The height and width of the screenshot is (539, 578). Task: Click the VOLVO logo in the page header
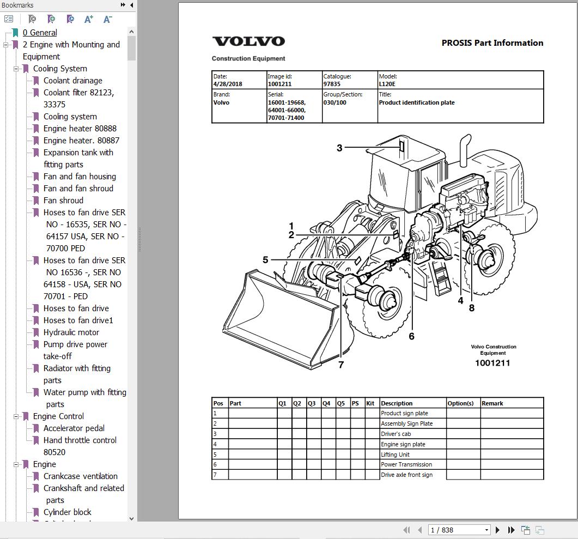click(x=248, y=41)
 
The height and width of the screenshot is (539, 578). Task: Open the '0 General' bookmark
click(x=40, y=33)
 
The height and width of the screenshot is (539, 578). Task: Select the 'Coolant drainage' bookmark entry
click(x=72, y=81)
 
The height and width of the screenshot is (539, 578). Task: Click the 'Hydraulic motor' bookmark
click(x=71, y=332)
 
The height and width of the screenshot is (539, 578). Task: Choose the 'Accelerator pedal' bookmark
click(x=74, y=428)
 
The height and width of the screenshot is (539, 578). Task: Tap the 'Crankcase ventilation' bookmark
click(x=81, y=476)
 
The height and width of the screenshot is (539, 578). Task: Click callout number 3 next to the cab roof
click(x=339, y=148)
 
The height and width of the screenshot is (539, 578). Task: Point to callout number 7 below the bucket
click(x=341, y=365)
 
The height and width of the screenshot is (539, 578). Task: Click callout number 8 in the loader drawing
click(x=471, y=307)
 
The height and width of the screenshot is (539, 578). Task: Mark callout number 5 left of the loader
click(x=265, y=260)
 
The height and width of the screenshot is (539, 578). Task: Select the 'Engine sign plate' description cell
click(x=403, y=444)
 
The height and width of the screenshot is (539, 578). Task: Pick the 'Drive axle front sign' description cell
click(x=406, y=475)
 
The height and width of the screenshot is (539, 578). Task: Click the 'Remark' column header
click(x=492, y=403)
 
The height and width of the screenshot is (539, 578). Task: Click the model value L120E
click(x=387, y=84)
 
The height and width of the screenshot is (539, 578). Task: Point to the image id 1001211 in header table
click(x=279, y=84)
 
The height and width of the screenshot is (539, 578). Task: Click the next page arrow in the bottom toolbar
click(x=497, y=530)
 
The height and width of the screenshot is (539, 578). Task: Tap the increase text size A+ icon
click(x=89, y=19)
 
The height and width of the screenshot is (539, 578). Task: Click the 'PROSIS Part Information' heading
click(x=492, y=43)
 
